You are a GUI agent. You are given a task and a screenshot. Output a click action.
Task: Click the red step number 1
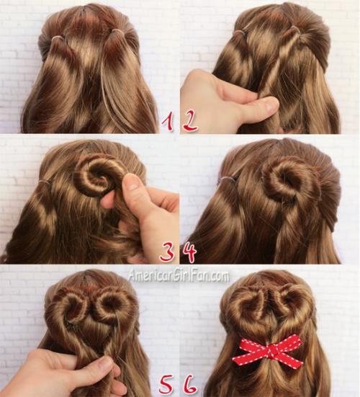coord(168,122)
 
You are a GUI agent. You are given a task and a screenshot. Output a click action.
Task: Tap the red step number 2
coord(190,121)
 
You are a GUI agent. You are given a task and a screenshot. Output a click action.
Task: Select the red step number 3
coord(167,251)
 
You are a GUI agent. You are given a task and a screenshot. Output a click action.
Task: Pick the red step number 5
coord(167,385)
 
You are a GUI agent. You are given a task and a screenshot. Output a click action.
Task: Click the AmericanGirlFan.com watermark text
coord(179,276)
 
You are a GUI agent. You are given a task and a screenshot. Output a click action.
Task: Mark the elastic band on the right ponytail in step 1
coord(117,32)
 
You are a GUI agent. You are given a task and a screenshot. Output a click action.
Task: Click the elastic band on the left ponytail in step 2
coord(242,32)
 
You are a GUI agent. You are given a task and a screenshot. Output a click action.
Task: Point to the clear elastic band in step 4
coord(228,179)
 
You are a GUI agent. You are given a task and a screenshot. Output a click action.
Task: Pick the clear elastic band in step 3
coord(46,181)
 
